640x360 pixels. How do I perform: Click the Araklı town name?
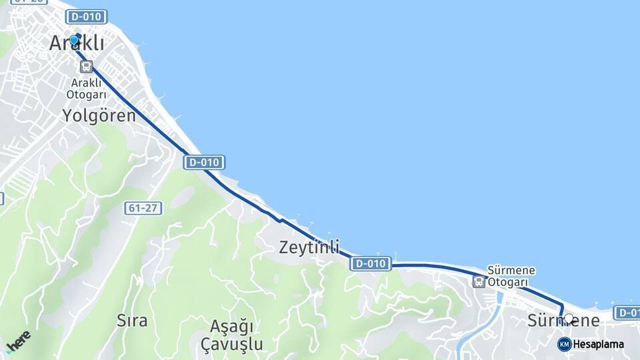click(x=77, y=43)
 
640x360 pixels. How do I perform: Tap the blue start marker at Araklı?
click(x=74, y=40)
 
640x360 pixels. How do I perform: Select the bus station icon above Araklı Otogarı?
click(x=86, y=66)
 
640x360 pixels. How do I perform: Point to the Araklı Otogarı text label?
click(x=86, y=89)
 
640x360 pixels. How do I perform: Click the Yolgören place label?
click(x=99, y=115)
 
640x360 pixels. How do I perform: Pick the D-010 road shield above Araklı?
click(x=87, y=17)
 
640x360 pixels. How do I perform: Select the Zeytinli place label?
click(x=309, y=247)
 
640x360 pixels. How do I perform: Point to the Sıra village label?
click(x=131, y=320)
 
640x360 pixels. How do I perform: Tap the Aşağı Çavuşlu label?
click(x=233, y=336)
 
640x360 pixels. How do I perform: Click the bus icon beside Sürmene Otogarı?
click(x=479, y=281)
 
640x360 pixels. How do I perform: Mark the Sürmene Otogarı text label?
click(x=511, y=276)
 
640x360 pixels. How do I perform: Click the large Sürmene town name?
click(x=563, y=321)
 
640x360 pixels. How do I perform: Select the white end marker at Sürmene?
click(x=568, y=319)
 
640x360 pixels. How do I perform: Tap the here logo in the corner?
click(x=18, y=343)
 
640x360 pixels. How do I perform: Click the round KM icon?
click(x=564, y=344)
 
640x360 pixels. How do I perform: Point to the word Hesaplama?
click(x=599, y=345)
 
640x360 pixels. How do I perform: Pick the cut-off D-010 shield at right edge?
click(x=627, y=312)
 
